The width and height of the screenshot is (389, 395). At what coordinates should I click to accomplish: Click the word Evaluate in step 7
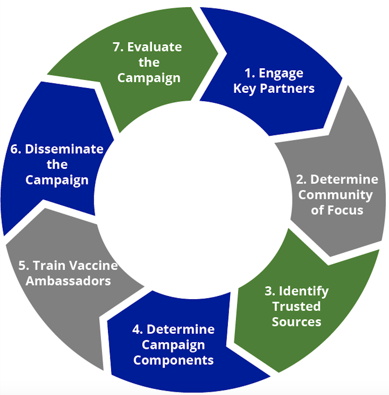tap(155, 47)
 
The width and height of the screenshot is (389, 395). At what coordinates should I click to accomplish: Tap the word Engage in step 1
tap(281, 73)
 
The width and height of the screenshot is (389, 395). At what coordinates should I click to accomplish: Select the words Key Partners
tap(274, 88)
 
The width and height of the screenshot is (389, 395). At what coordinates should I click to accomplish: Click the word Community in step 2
tap(335, 195)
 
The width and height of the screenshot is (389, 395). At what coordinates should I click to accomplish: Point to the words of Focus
tap(337, 210)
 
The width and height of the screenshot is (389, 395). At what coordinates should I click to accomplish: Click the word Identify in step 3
tap(304, 291)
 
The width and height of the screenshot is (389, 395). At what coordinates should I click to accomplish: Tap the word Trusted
tap(297, 307)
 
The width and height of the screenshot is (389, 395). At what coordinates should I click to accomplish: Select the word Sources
tap(297, 322)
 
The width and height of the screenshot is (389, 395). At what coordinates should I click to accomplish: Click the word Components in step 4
tap(173, 360)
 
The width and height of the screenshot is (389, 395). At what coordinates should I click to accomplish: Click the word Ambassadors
tap(68, 281)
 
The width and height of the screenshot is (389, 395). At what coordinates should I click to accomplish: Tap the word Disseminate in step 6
tap(64, 149)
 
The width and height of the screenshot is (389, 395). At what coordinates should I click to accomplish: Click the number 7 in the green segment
tap(117, 47)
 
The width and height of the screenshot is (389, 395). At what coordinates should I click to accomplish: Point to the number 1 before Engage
tap(248, 73)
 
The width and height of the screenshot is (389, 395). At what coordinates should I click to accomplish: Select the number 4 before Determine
tap(137, 329)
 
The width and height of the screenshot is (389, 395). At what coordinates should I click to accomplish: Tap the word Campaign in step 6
tap(57, 180)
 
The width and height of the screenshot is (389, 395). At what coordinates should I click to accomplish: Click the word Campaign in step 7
tap(149, 78)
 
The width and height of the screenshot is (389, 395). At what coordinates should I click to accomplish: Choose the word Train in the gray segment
tap(45, 265)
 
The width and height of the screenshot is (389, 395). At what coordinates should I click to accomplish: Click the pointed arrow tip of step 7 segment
tap(218, 53)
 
